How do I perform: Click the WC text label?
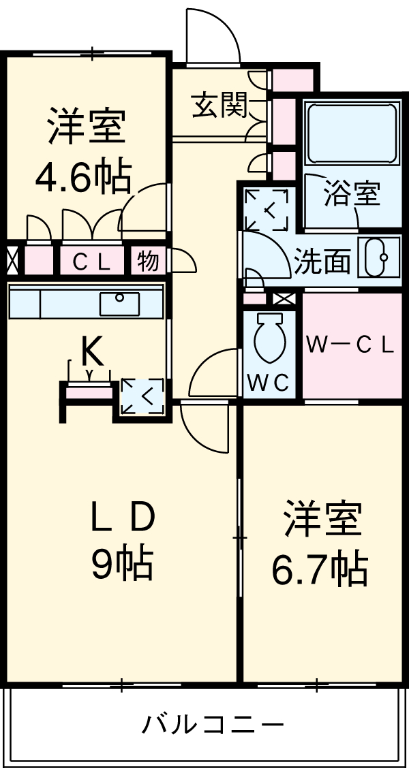tap(270, 383)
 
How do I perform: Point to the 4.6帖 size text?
tap(83, 176)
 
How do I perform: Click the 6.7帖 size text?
tap(320, 569)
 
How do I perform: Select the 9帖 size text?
tap(123, 564)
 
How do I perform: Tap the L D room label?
tap(123, 519)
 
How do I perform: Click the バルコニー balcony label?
tap(213, 723)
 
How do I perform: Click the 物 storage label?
tap(147, 261)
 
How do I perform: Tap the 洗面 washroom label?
tap(322, 261)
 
